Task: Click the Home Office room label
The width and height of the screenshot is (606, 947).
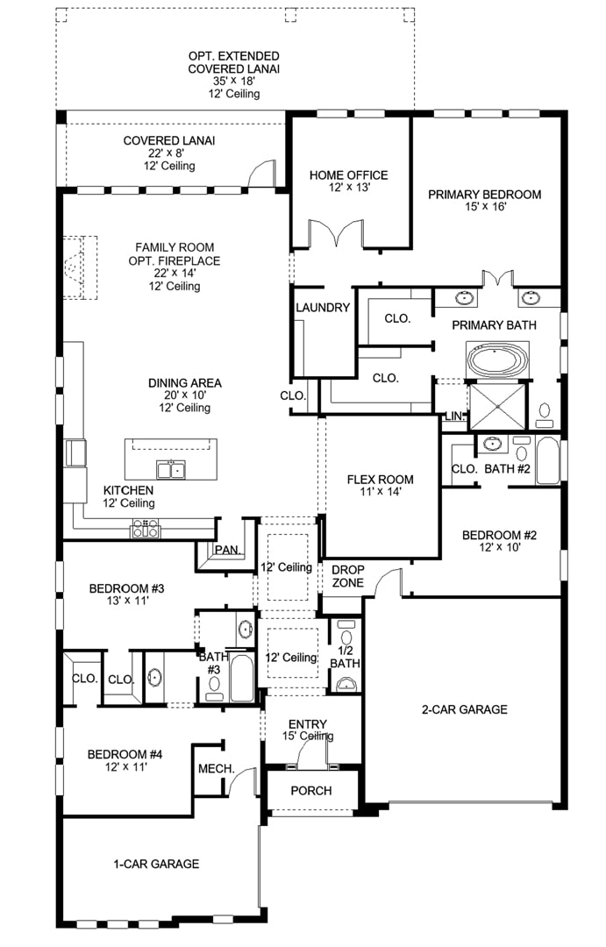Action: (349, 175)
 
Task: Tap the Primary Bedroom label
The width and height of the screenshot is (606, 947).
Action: (485, 195)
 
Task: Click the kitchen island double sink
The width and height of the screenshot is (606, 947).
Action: (171, 468)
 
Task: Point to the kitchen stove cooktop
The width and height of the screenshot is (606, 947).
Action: (146, 529)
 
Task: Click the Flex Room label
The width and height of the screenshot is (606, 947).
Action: (380, 480)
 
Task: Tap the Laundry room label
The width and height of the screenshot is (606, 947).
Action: (323, 308)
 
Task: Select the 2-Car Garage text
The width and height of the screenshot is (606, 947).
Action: (464, 709)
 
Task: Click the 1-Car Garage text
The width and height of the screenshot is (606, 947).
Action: (156, 865)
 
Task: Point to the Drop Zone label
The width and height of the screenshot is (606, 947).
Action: (348, 576)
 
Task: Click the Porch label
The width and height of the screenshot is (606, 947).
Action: (311, 791)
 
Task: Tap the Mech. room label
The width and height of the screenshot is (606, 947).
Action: (217, 769)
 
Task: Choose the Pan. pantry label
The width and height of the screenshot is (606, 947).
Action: (228, 550)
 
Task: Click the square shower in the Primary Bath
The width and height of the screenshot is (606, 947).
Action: (498, 406)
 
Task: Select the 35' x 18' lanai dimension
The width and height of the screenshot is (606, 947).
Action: (234, 81)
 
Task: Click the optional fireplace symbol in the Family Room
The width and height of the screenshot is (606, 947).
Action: (81, 267)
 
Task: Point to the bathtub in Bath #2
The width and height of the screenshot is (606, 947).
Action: (548, 460)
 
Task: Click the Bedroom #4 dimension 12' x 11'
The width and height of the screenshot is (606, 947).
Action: (125, 767)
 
